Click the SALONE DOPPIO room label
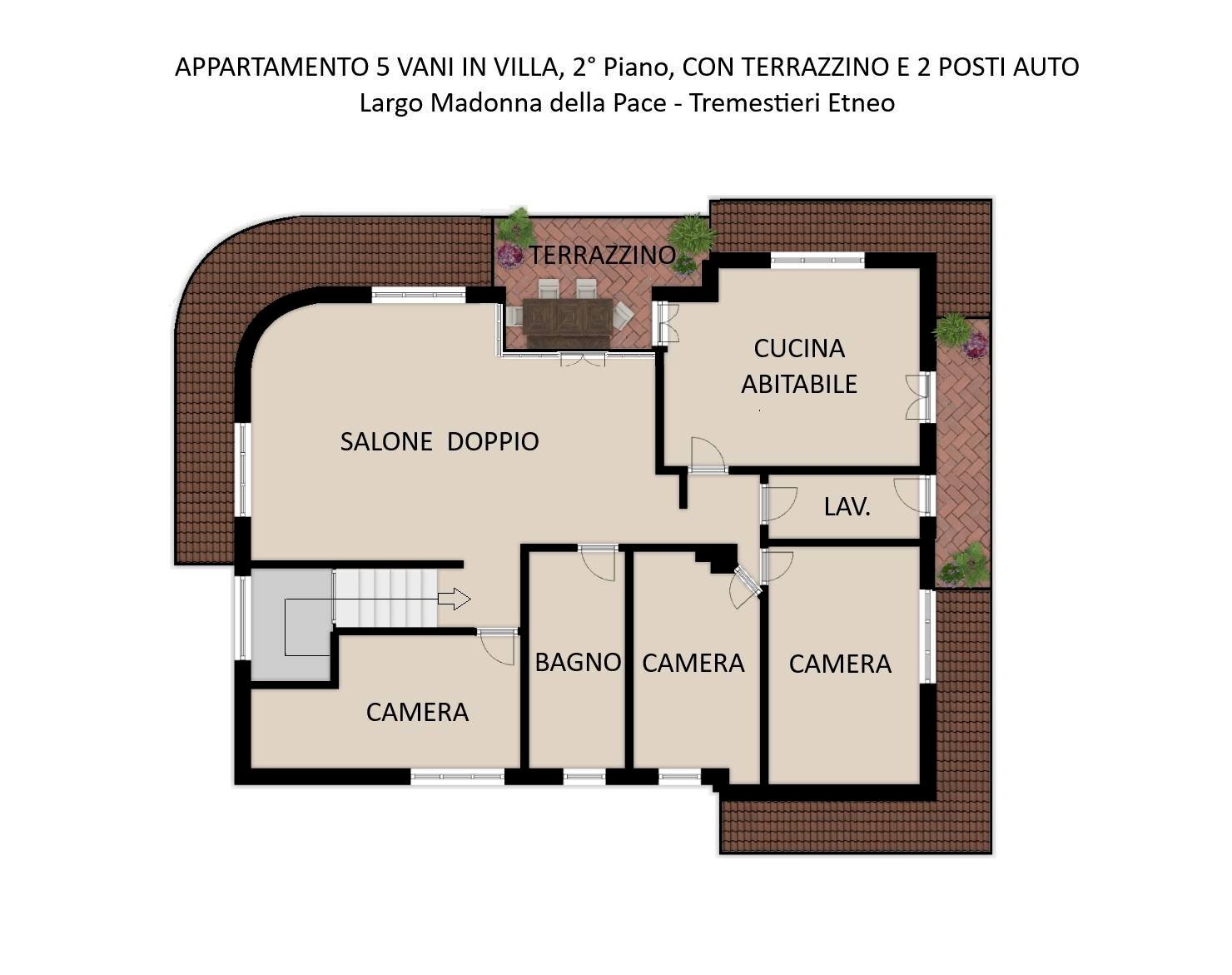439,441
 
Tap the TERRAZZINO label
602,255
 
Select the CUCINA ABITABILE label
798,366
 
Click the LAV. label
847,506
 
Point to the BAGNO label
578,662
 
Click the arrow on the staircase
454,599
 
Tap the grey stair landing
291,624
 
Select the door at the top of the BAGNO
598,561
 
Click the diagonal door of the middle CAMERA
744,588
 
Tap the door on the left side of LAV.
777,503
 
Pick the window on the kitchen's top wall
817,261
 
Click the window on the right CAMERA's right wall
926,636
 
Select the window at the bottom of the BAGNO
584,777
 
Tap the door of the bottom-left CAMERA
498,646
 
